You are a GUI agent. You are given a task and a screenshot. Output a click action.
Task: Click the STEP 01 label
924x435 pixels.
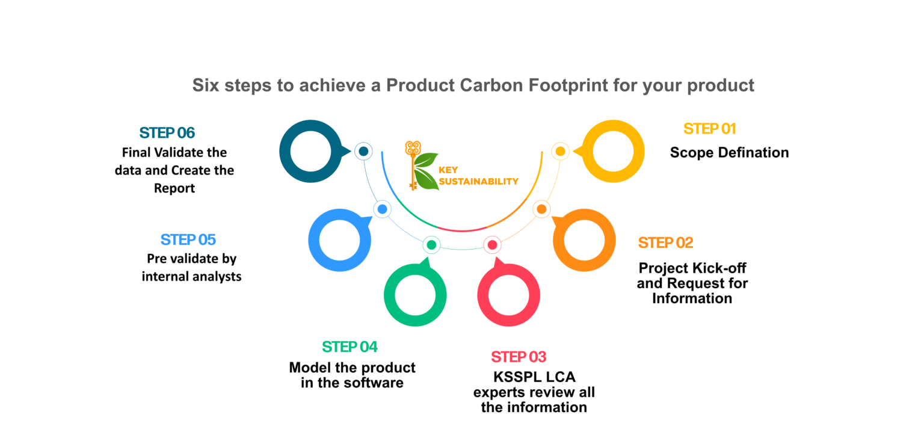709,129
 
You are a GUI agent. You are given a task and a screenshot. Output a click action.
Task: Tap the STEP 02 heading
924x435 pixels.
665,242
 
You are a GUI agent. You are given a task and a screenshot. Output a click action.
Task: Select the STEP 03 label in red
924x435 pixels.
519,357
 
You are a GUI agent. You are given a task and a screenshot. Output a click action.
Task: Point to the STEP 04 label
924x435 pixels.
350,347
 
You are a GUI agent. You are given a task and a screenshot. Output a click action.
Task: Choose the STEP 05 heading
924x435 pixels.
188,239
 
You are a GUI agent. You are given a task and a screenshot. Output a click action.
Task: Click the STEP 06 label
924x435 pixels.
167,132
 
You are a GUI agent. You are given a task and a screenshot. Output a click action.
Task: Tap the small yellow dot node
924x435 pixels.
560,152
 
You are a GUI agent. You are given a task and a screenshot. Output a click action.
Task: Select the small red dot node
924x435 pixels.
492,245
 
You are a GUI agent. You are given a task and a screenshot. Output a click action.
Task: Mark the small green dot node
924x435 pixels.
431,245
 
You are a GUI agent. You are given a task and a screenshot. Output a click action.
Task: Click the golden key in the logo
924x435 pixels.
413,165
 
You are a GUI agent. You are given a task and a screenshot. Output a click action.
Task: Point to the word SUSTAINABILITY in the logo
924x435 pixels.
478,182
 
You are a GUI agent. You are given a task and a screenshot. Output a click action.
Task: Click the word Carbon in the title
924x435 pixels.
491,85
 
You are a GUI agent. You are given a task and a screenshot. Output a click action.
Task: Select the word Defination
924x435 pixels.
753,153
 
